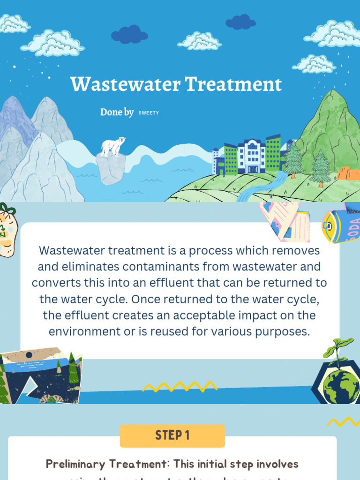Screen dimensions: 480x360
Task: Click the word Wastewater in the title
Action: [x=125, y=85]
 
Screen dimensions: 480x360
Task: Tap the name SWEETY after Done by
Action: [x=149, y=113]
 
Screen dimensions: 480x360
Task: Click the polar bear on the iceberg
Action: [x=113, y=146]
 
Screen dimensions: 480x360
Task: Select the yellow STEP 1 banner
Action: [x=172, y=435]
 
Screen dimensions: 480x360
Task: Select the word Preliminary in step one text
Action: [x=75, y=464]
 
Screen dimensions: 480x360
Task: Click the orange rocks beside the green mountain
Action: [x=348, y=173]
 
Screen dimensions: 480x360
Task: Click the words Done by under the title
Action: [x=117, y=112]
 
